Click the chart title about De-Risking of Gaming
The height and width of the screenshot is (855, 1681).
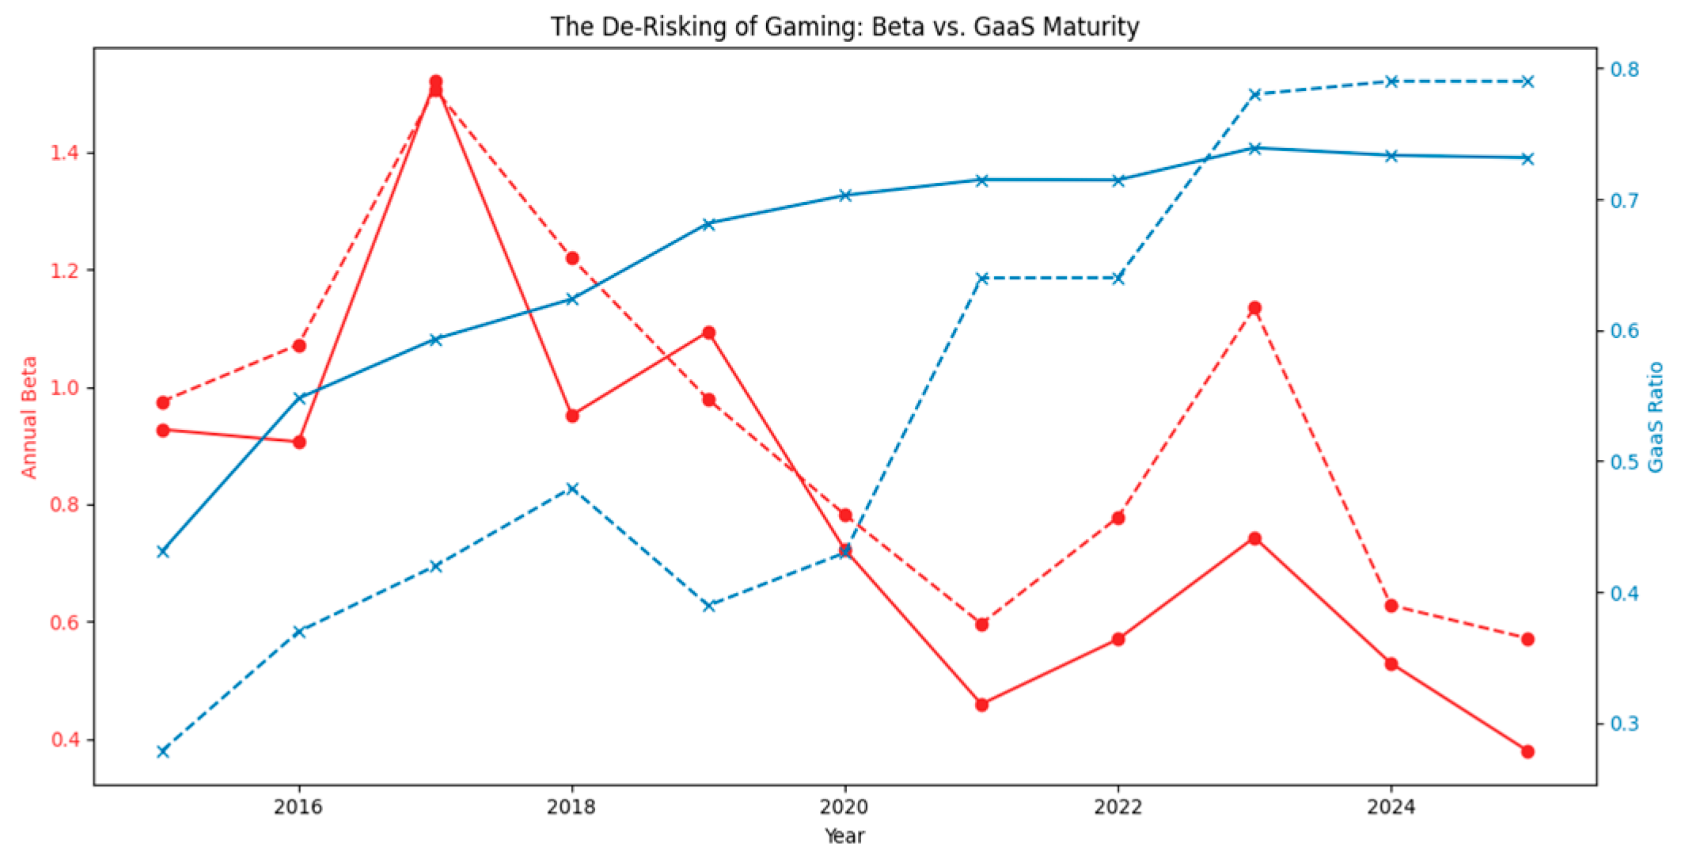click(x=844, y=26)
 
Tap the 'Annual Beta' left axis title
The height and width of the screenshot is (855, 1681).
click(x=28, y=417)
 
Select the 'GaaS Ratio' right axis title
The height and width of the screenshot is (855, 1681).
click(x=1655, y=417)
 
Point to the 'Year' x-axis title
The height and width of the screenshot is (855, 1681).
click(x=844, y=836)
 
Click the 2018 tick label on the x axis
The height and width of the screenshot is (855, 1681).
click(x=571, y=807)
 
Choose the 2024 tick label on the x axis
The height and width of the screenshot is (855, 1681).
click(x=1391, y=807)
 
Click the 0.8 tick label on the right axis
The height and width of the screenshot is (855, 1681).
click(x=1625, y=69)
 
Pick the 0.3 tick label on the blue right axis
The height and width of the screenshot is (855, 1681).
click(x=1625, y=724)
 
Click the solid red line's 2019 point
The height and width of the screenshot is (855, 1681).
click(x=708, y=332)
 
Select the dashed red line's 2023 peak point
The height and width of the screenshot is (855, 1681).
click(x=1254, y=308)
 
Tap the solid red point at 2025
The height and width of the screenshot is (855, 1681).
click(x=1527, y=751)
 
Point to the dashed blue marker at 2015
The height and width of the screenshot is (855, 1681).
click(x=163, y=751)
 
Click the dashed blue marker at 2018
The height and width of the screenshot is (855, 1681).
click(x=572, y=488)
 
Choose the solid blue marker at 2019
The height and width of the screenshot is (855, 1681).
click(x=708, y=224)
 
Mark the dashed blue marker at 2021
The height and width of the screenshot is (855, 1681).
click(x=981, y=279)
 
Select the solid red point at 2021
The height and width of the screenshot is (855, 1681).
click(x=981, y=705)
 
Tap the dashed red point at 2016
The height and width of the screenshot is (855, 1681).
click(x=299, y=346)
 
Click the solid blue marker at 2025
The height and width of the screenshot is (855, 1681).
click(x=1527, y=158)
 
